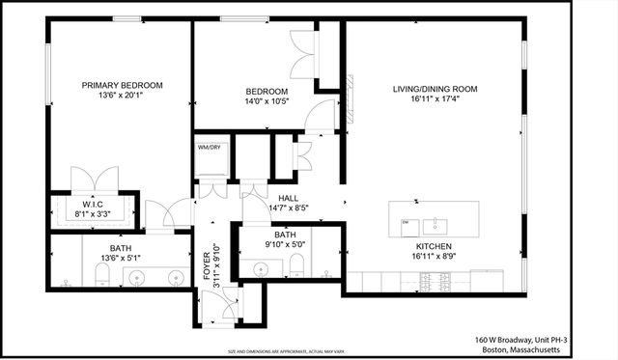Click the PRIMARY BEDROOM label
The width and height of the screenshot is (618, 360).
[x=122, y=85]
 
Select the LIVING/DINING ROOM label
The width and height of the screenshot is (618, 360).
[x=435, y=90]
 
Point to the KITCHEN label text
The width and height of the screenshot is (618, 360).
[x=435, y=246]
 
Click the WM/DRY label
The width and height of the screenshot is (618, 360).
[x=210, y=148]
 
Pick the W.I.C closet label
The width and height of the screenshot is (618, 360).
[x=93, y=205]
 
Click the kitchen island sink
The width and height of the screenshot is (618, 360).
[x=438, y=225]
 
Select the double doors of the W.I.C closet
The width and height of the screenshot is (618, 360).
[x=94, y=180]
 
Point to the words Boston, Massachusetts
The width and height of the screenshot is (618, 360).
[x=534, y=350]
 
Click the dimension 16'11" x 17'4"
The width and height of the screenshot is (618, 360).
[x=435, y=100]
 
